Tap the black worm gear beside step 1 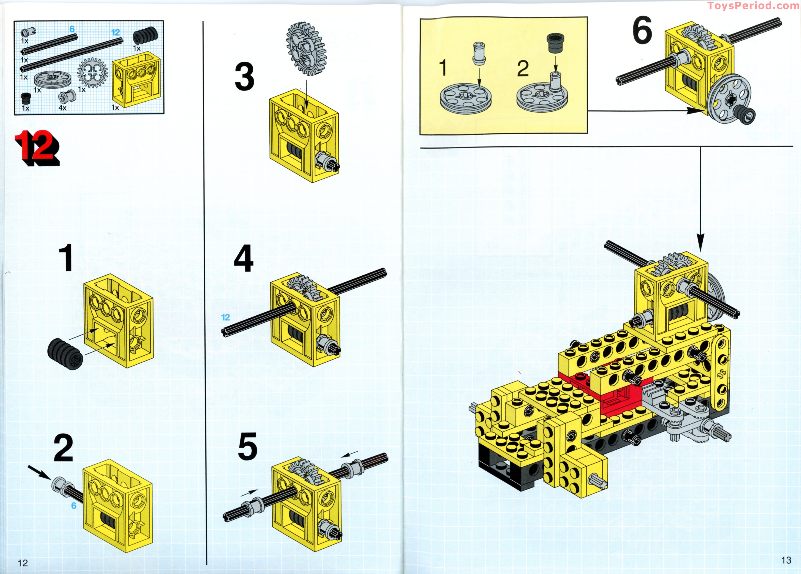pyautogui.click(x=65, y=354)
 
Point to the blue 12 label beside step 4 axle pyautogui.click(x=225, y=317)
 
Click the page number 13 pyautogui.click(x=786, y=560)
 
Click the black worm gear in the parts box pyautogui.click(x=145, y=36)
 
